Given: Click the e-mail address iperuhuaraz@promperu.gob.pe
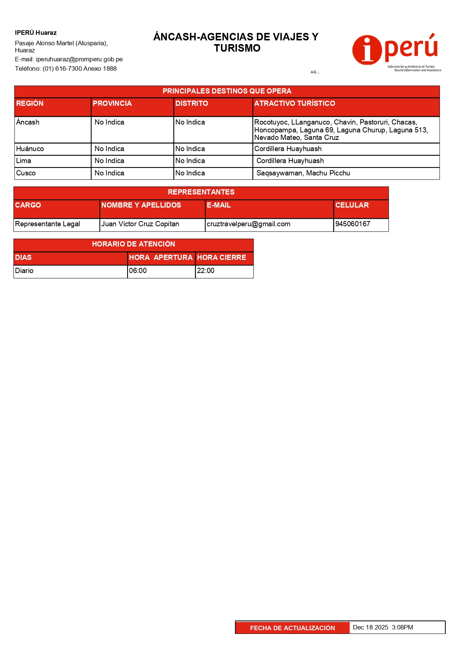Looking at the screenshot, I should tap(79, 59).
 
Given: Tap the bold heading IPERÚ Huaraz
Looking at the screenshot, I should tap(36, 33).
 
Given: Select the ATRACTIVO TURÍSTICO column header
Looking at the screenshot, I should tap(295, 104).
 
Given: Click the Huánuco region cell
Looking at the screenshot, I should tap(30, 149).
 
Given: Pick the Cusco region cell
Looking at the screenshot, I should tap(26, 173).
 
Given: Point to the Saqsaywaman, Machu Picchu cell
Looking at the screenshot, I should tap(303, 173).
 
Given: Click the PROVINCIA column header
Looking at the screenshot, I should tap(112, 104).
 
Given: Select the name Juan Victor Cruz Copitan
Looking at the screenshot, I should tap(140, 224).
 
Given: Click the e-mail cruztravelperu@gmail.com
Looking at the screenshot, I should tap(249, 224).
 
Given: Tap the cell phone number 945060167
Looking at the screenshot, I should tap(353, 224).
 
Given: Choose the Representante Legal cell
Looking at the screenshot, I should tap(47, 224).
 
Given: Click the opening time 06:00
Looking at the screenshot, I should tap(138, 271).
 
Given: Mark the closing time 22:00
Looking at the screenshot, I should tap(206, 271).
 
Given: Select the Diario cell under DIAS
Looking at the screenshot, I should tap(24, 271).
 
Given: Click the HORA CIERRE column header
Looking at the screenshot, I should tap(222, 258).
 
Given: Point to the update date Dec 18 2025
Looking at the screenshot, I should tap(371, 628).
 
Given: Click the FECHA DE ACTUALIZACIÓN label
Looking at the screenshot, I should tap(292, 628).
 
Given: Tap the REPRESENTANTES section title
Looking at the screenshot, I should tap(201, 192).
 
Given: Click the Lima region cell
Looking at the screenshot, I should tap(24, 161).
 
